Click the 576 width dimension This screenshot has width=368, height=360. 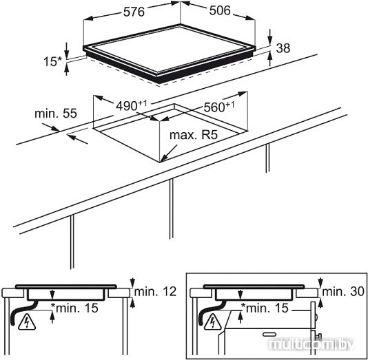click(x=134, y=12)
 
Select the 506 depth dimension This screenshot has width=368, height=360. click(x=220, y=10)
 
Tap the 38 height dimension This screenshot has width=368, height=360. click(x=283, y=48)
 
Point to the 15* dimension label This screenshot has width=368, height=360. click(x=52, y=62)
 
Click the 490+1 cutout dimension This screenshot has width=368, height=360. click(x=132, y=105)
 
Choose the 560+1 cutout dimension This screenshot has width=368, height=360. click(x=219, y=107)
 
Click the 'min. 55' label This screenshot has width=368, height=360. click(x=56, y=114)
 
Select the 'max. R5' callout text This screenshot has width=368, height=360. click(x=194, y=135)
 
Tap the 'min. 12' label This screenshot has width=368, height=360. click(x=155, y=292)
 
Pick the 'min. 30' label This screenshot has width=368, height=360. click(x=343, y=292)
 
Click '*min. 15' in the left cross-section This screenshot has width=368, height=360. click(x=74, y=308)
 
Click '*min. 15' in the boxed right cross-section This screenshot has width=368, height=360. click(x=265, y=308)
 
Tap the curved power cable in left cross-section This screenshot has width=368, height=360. click(x=23, y=310)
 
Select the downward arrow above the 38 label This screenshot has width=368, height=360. click(x=270, y=36)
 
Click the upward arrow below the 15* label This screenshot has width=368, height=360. click(x=67, y=70)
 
